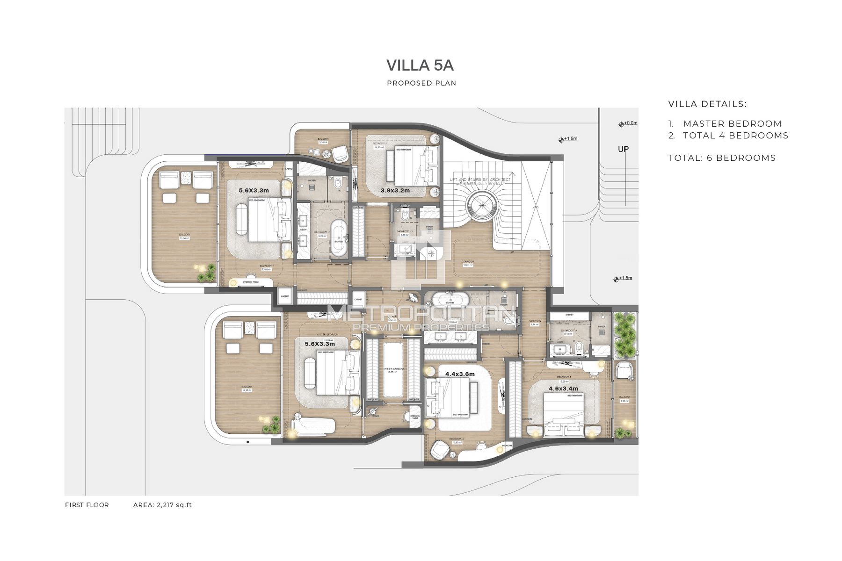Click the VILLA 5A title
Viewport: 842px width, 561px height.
click(x=420, y=66)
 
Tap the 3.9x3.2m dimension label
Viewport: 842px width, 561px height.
click(x=395, y=190)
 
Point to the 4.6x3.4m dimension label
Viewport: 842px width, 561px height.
click(x=563, y=388)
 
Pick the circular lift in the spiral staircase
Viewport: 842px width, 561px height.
click(x=481, y=204)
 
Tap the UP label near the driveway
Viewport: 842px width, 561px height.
click(x=623, y=150)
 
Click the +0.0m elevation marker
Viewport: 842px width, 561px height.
click(x=628, y=123)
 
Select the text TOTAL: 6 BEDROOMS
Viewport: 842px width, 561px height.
click(x=722, y=158)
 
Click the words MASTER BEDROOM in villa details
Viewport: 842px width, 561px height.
click(x=732, y=124)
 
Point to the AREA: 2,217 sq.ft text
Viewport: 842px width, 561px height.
click(x=162, y=505)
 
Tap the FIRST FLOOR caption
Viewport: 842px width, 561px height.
click(x=87, y=505)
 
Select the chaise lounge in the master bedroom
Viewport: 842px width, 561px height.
click(x=313, y=424)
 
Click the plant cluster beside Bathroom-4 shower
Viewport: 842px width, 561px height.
click(x=623, y=333)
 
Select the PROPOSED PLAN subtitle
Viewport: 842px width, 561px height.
click(x=421, y=83)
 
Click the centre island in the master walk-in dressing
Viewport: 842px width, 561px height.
click(x=393, y=369)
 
